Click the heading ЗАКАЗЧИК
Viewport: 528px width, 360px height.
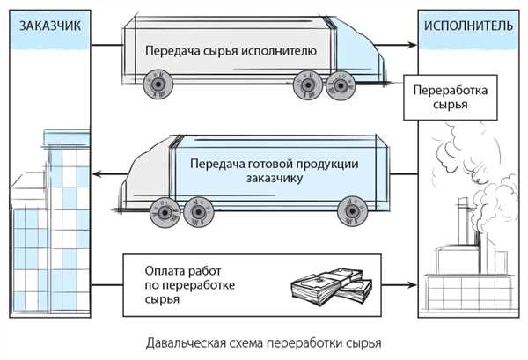pos(50,26)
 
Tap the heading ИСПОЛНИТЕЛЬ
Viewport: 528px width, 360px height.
pos(468,26)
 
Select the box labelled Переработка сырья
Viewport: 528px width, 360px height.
pos(451,98)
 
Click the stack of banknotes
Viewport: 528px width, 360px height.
pos(332,286)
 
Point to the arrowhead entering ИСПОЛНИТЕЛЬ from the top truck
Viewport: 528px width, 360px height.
pos(412,45)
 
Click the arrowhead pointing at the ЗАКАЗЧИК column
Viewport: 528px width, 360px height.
pos(97,174)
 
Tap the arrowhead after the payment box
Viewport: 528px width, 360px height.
pos(412,285)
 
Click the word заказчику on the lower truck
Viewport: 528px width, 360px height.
pos(275,178)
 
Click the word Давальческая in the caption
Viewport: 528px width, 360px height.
pos(186,343)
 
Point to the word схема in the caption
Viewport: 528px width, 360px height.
pos(246,343)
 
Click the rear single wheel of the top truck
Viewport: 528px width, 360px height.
pos(158,84)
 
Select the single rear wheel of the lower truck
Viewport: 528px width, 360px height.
pos(352,211)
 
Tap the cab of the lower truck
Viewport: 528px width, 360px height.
pos(148,175)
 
